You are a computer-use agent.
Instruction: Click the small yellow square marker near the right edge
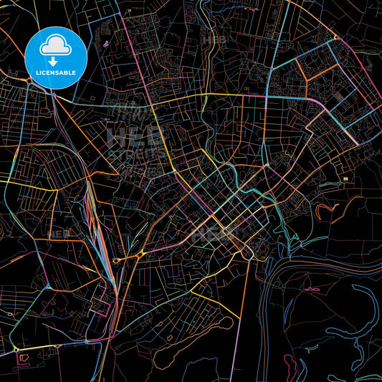(x=345, y=178)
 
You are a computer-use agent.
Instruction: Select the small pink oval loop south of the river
(x=312, y=289)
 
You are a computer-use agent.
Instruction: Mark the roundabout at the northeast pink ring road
(x=334, y=37)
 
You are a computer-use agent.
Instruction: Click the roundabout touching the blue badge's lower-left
(x=29, y=80)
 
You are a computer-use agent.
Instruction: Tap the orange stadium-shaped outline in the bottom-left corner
(x=23, y=355)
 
